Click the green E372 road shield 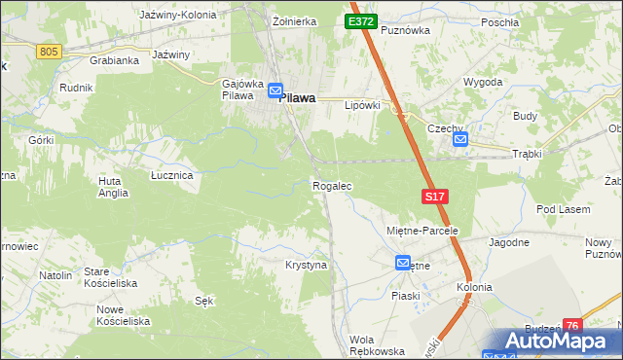(x=359, y=21)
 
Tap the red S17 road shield (x=436, y=197)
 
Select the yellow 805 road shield (x=49, y=51)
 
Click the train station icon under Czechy (x=460, y=140)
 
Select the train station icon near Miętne (x=403, y=264)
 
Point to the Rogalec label (x=331, y=185)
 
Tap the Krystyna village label (x=306, y=265)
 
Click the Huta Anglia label (x=113, y=187)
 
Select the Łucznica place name (x=171, y=175)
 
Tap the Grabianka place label (x=114, y=59)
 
